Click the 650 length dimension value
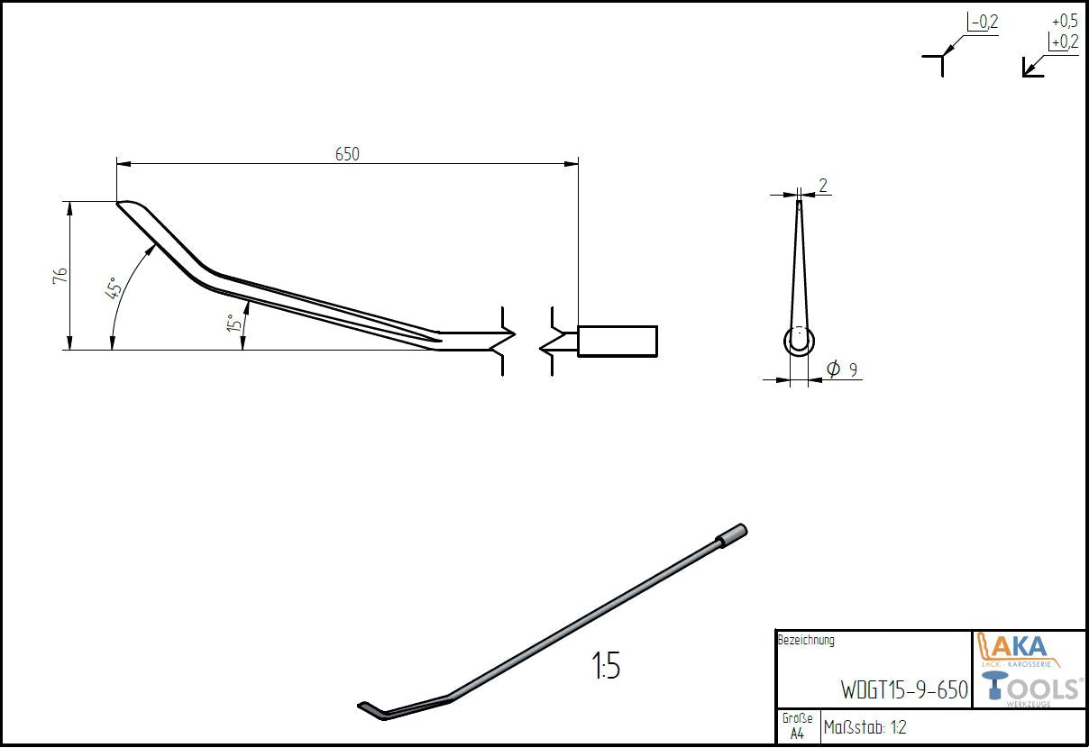point(347,154)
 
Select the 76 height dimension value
point(60,276)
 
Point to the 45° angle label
point(113,287)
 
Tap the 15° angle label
point(234,323)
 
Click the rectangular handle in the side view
point(618,342)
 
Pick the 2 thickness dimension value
point(822,185)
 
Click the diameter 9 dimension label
point(842,369)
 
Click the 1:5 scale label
point(606,665)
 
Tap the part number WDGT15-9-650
point(904,689)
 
